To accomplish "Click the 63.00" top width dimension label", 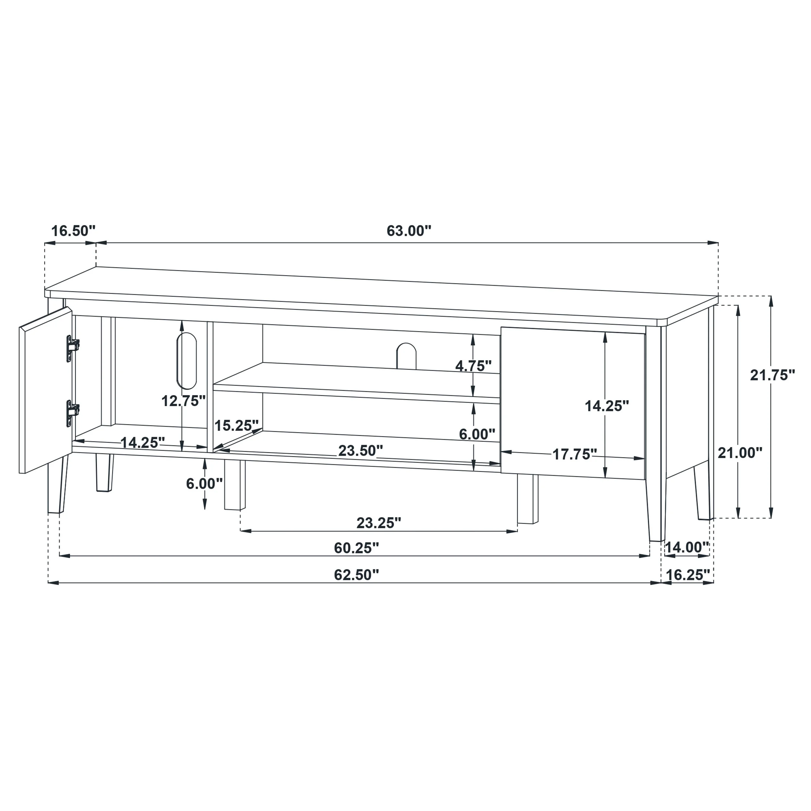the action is point(409,231).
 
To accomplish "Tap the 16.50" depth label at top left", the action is point(73,231).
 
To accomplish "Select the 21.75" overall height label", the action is point(773,375).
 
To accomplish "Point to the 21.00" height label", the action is point(740,453).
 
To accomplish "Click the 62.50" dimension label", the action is point(357,575).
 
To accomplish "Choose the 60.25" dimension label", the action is point(357,548).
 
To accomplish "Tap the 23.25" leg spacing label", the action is point(379,523).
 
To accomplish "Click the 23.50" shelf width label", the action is point(361,450).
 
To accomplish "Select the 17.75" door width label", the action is point(574,454).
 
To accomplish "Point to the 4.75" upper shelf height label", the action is point(474,366).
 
